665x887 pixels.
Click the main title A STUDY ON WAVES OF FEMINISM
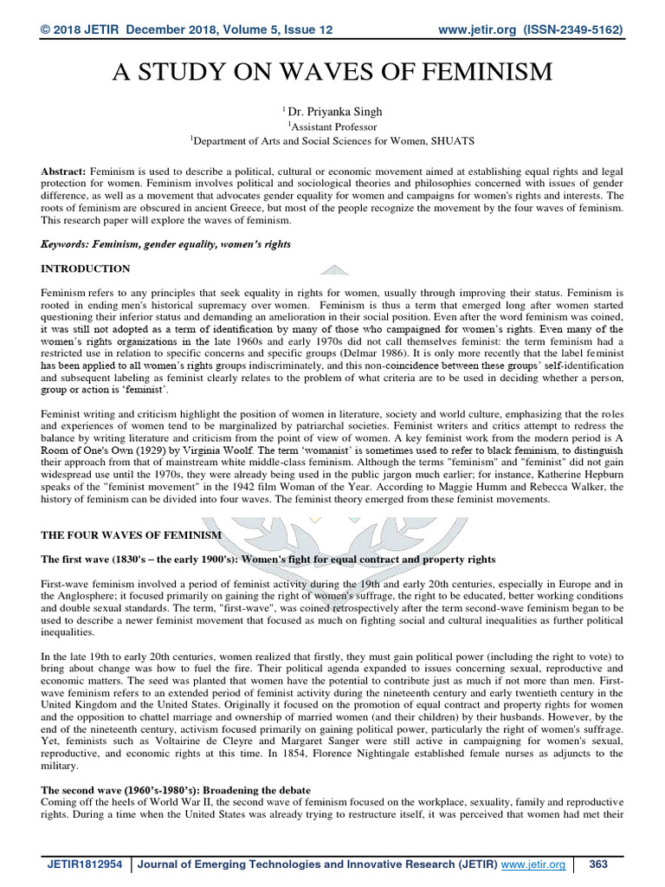point(332,72)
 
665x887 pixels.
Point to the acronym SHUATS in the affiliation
point(447,139)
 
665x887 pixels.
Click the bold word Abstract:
point(62,172)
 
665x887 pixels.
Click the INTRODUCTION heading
point(85,269)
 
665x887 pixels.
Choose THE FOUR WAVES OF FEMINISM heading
point(131,535)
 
